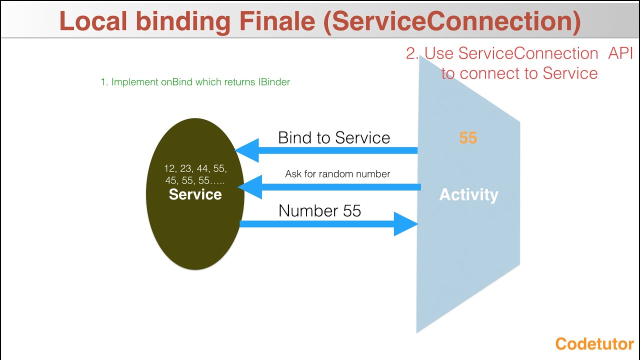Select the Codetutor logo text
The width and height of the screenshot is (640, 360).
tap(594, 344)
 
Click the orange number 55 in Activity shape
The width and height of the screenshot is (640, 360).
tap(468, 138)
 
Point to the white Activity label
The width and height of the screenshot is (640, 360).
tap(468, 194)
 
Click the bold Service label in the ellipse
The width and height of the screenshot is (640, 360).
tap(195, 194)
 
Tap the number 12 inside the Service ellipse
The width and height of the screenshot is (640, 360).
tap(169, 169)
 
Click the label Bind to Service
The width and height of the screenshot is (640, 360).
tap(334, 137)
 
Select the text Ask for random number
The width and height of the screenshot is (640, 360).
tap(337, 174)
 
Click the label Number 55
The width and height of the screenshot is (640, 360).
tap(319, 210)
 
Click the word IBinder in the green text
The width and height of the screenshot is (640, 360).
tap(274, 82)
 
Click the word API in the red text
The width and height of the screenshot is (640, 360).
tap(620, 53)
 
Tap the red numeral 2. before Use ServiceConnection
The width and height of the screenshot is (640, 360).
tap(412, 53)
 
